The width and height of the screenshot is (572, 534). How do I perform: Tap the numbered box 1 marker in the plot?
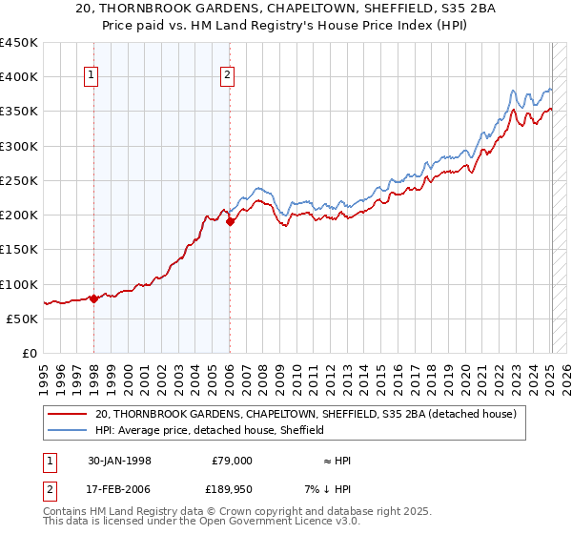92,76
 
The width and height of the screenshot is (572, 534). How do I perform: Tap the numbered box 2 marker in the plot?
229,76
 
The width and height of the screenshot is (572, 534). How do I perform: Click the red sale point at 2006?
230,221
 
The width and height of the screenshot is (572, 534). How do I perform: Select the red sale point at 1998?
94,298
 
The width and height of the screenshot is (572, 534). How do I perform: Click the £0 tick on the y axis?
30,353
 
